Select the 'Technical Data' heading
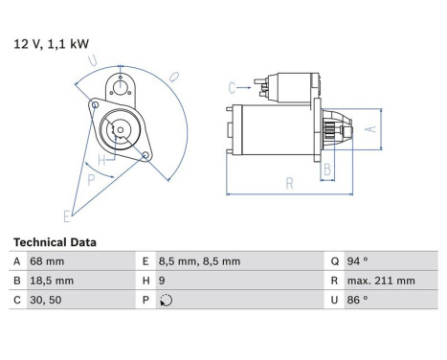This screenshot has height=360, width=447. coord(55,242)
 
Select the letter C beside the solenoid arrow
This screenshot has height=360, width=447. coord(233,87)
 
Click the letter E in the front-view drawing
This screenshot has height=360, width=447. coord(68,215)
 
